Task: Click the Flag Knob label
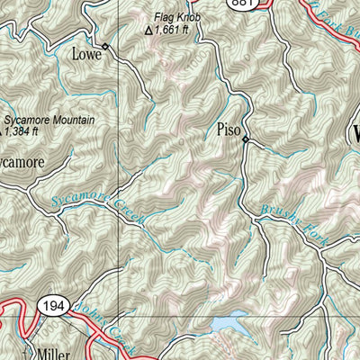(x=175, y=17)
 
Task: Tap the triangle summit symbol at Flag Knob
(x=149, y=30)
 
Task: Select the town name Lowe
(x=86, y=54)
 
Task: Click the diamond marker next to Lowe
(x=105, y=46)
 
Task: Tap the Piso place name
(x=229, y=130)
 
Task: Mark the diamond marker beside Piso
(x=245, y=139)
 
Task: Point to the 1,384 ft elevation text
(x=22, y=130)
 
